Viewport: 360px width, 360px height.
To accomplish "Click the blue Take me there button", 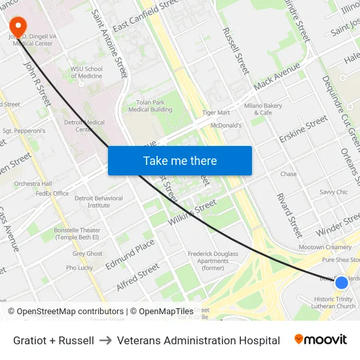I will pos(180,160).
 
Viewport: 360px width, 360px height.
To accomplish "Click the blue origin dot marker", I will pos(341,283).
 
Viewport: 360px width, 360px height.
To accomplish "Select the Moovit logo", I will pos(320,340).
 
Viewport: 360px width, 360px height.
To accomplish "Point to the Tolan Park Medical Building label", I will pos(151,105).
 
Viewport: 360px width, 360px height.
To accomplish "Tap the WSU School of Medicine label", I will pos(87,72).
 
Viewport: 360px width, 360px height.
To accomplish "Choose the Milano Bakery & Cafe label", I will pos(263,109).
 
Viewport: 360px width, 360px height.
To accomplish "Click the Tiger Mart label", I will pos(216,113).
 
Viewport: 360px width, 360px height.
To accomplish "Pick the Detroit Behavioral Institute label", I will pos(99,202).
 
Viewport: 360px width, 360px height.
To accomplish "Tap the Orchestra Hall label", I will pos(33,184).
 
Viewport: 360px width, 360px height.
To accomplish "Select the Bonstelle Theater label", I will pos(77,234).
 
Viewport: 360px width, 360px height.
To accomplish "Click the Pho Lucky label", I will pos(79,268).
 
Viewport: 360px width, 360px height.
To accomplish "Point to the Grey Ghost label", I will pos(88,254).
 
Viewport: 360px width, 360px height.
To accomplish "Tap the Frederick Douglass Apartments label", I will pos(213,261).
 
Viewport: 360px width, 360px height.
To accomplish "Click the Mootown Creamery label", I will pos(325,247).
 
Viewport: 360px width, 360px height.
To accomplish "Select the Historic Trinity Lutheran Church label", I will pos(334,302).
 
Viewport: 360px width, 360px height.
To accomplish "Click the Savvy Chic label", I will pos(334,192).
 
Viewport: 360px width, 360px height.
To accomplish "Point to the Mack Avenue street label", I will pos(277,77).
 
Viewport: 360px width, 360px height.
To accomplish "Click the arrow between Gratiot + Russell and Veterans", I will pos(105,340).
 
